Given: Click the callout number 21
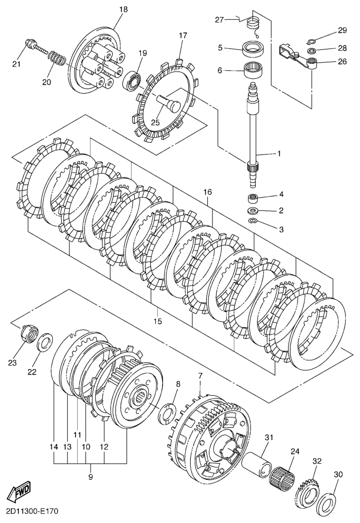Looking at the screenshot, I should pos(16,63).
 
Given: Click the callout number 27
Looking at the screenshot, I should pos(219,20).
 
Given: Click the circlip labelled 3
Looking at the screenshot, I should pos(253,221).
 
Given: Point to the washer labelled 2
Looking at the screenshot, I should pos(254,210).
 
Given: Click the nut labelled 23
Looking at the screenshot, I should pos(29,335).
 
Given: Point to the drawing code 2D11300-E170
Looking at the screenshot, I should pos(34,513).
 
